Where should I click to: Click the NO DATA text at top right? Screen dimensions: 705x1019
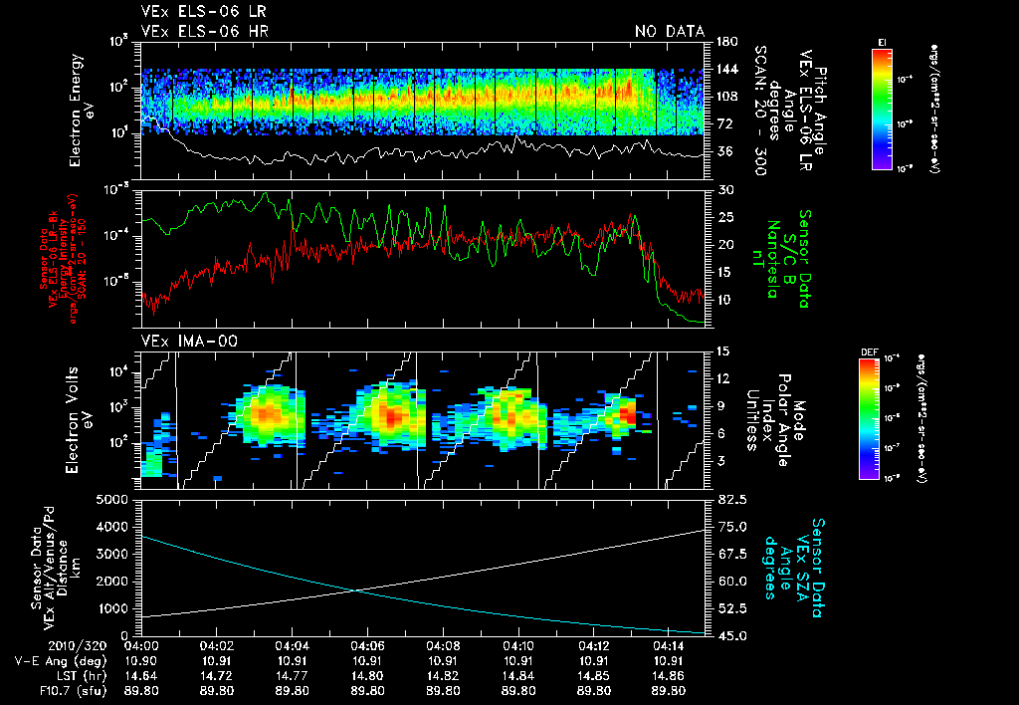(669, 32)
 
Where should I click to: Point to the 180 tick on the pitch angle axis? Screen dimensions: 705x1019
(725, 42)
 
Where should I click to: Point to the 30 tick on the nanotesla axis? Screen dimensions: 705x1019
(723, 190)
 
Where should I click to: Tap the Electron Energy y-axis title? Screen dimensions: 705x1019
(82, 104)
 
